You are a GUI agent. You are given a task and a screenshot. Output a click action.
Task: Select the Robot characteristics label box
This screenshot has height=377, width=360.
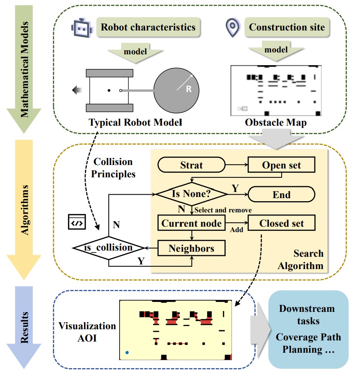coord(148,27)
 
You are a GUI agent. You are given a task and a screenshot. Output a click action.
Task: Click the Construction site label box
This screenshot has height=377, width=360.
coord(287,27)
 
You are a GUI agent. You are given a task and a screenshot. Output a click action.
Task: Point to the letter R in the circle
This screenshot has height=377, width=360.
coord(189,89)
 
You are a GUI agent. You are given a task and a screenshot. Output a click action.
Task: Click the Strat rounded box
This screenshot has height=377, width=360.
coord(191,165)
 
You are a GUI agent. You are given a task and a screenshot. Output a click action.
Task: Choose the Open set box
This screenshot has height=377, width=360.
coord(282,165)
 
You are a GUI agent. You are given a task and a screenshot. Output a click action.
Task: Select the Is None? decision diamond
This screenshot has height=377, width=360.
coord(191,194)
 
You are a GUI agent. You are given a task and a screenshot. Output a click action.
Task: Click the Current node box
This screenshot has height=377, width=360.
coord(191,223)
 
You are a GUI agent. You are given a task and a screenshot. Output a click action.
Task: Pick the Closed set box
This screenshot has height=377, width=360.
coord(282,223)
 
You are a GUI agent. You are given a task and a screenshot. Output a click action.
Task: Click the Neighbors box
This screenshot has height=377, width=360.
coord(191,248)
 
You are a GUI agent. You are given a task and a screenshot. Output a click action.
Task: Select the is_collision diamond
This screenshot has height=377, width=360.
coord(108,247)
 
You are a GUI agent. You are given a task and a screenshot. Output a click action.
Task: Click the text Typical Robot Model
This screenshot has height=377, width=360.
coord(135,122)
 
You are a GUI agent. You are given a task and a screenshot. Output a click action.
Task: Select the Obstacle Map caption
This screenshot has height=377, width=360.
coord(275,122)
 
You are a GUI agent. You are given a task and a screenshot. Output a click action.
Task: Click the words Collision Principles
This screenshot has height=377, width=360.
coord(115,168)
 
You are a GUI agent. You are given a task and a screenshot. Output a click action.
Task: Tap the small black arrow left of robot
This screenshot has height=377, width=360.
coord(76,90)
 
